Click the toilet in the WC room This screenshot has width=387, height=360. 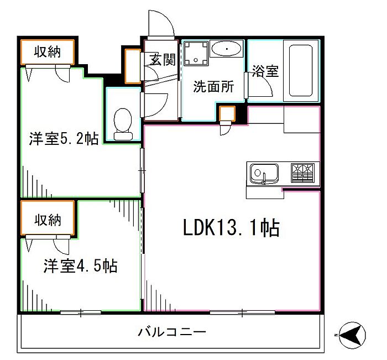(x=123, y=124)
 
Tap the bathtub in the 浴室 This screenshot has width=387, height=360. (x=301, y=71)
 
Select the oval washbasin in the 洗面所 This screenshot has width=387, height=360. (x=227, y=49)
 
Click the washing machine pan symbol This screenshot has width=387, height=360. (x=196, y=53)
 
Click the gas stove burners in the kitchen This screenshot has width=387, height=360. (x=302, y=173)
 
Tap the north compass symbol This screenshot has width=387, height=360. (x=352, y=335)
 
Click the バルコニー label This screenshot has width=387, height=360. (x=172, y=332)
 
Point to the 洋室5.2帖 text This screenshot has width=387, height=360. (x=64, y=138)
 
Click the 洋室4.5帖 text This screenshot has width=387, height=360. (x=81, y=265)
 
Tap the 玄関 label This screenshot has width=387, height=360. (x=163, y=60)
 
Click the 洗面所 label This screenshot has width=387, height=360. (x=213, y=86)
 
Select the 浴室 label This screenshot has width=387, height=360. (x=265, y=71)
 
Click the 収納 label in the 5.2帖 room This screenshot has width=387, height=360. (x=48, y=52)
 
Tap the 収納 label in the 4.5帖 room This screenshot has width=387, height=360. (x=48, y=220)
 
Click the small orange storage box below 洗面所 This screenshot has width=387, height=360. (x=227, y=113)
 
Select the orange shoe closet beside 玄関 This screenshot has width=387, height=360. (x=133, y=66)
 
